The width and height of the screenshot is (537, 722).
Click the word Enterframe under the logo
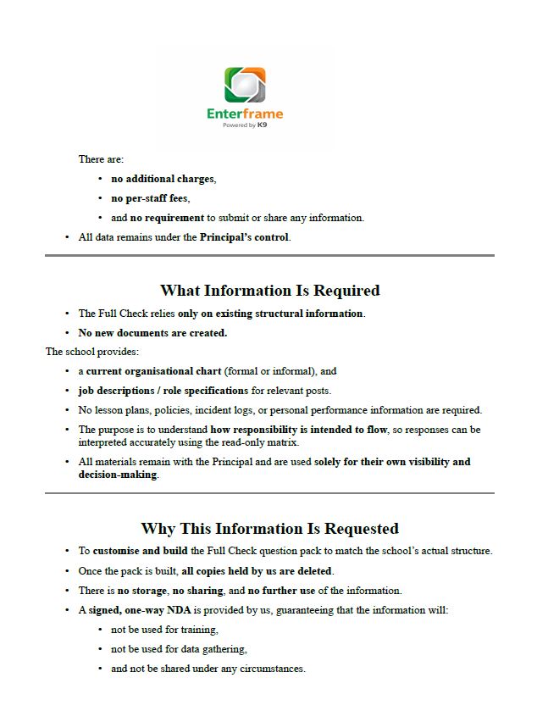point(245,114)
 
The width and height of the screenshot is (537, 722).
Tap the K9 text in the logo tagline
point(263,125)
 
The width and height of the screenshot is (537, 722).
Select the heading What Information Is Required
point(269,291)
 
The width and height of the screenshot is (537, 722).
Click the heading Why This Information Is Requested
point(269,529)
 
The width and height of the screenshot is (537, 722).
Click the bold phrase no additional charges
point(163,179)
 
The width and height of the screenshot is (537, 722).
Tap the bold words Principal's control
point(244,237)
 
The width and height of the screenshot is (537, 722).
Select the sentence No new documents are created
point(152,333)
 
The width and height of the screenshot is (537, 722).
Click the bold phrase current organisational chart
point(154,371)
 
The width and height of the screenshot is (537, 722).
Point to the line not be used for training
point(164,630)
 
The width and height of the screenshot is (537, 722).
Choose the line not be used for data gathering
point(178,649)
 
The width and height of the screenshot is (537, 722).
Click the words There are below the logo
point(101,159)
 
